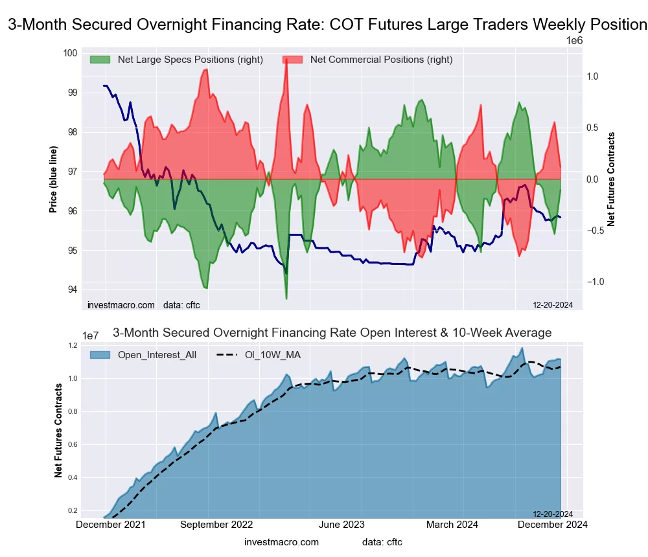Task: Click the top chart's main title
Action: (327, 25)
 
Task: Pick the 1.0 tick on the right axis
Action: (592, 76)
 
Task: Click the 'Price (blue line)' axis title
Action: (53, 172)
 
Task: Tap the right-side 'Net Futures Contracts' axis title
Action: (611, 179)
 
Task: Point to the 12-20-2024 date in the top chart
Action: (553, 305)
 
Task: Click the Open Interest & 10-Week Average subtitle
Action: (332, 333)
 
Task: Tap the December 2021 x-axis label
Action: (111, 525)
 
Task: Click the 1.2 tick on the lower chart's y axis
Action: (90, 346)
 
